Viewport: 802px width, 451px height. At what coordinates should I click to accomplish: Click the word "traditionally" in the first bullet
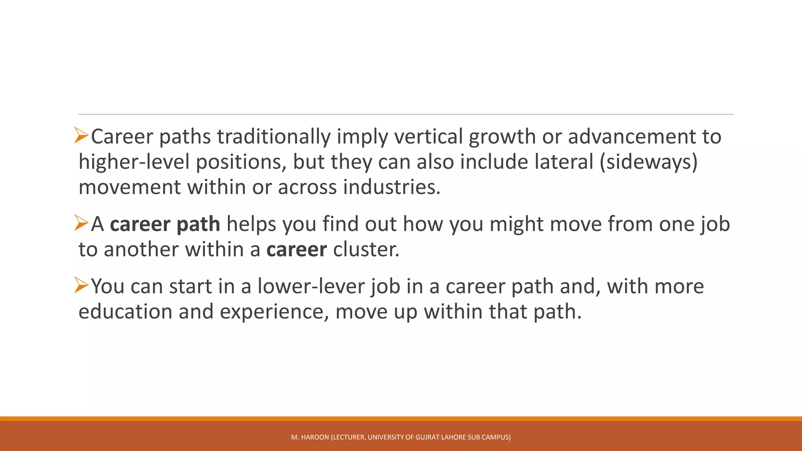tap(274, 137)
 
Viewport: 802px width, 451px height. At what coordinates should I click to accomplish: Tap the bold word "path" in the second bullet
tap(198, 225)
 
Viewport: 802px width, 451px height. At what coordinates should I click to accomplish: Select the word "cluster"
tap(366, 250)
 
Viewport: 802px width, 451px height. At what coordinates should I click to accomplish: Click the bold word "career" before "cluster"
tap(296, 250)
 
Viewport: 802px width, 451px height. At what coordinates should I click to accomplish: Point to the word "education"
tap(125, 312)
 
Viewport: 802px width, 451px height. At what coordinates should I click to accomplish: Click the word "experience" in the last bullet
tap(274, 312)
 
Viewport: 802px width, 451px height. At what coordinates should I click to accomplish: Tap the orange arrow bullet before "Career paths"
tap(81, 135)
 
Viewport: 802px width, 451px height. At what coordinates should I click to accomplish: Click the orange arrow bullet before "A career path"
tap(81, 223)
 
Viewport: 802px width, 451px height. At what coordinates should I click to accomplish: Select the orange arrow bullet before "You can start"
tap(81, 285)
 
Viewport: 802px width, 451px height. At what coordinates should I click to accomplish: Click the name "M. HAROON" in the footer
tap(310, 437)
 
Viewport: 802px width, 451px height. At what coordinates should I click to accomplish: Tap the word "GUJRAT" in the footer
tap(428, 437)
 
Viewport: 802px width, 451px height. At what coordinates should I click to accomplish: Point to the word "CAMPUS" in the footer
tap(496, 437)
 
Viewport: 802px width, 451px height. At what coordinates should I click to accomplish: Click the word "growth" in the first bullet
tap(502, 137)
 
